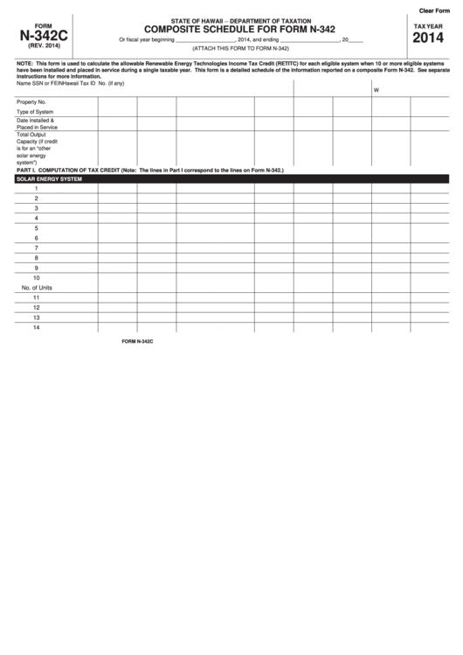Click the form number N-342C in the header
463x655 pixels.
click(37, 38)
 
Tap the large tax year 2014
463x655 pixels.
click(427, 39)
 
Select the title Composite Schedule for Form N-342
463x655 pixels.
click(228, 29)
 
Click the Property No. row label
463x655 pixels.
click(31, 102)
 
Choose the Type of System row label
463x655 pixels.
click(35, 112)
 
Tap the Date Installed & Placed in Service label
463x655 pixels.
click(37, 123)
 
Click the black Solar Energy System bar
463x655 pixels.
click(231, 178)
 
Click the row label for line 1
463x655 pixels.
click(36, 189)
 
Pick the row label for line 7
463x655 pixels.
click(36, 247)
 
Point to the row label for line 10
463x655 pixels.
click(37, 277)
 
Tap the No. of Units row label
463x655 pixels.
click(37, 287)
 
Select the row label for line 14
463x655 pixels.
click(37, 327)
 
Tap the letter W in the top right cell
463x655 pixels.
click(376, 91)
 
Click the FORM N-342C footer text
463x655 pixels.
click(137, 342)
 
